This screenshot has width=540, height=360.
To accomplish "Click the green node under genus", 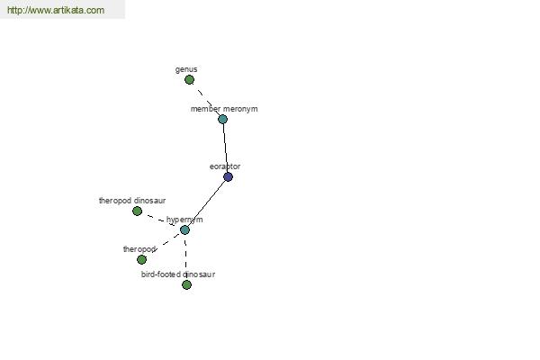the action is pos(189,80).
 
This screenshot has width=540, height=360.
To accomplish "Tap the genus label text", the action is pos(186,69).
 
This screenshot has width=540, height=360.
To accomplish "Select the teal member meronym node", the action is pos(223,119).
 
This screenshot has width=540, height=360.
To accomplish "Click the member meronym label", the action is pos(224,109).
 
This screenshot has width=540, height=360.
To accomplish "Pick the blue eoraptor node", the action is pos(228,176).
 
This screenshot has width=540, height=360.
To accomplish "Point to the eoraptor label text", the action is pos(225,166).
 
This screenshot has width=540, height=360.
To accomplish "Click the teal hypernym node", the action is pos(184,229).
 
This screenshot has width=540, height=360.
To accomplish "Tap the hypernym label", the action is pos(184,220).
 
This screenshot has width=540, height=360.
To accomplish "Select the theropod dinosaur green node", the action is pos(137,211).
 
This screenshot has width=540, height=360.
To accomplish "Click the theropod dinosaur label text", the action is pos(132,201).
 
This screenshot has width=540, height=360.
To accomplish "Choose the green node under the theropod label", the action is pos(141,259).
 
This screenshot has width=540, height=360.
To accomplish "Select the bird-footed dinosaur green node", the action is pos(186,285).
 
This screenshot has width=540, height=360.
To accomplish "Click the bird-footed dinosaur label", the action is pos(178,274).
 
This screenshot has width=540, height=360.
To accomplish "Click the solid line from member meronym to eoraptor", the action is pos(226,148).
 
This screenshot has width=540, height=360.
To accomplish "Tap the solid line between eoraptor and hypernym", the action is pos(207,203).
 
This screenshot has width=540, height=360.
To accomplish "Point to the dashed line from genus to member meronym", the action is pos(206,100).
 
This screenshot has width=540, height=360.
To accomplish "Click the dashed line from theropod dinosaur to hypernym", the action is pos(161,220).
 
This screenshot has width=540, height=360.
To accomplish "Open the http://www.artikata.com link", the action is pos(56,10).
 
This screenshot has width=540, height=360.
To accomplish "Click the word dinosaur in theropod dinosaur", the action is pos(149,201).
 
